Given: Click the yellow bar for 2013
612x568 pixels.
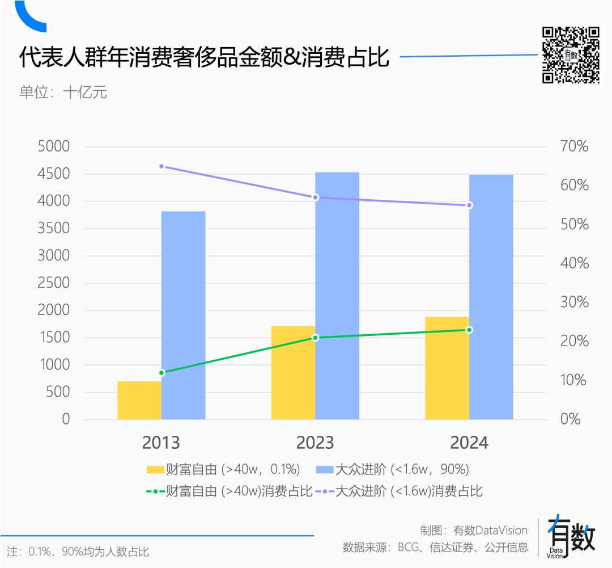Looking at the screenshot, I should [139, 400].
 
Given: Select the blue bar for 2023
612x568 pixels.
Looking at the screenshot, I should [337, 296].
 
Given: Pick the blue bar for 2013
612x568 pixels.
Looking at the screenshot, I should [184, 315].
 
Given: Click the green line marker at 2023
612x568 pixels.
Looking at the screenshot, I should [316, 338].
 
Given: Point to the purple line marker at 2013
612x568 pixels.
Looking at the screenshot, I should [161, 166].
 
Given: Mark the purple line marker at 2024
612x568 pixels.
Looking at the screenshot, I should [469, 205].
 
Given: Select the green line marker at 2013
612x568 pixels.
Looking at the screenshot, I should [161, 373].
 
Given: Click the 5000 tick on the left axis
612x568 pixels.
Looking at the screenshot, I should [53, 146].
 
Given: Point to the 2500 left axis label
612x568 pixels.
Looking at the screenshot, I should [53, 283].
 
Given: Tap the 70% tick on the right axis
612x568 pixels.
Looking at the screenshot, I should [575, 146].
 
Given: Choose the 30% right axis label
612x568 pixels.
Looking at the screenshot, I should [575, 302].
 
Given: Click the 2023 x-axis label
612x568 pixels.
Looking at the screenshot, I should [315, 443].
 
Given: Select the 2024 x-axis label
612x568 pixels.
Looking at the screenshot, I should [469, 443].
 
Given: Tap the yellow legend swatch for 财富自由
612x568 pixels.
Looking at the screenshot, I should [155, 469].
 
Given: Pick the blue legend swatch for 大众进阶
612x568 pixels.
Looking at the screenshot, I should [324, 469].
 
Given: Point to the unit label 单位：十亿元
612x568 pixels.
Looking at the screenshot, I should [63, 92].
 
